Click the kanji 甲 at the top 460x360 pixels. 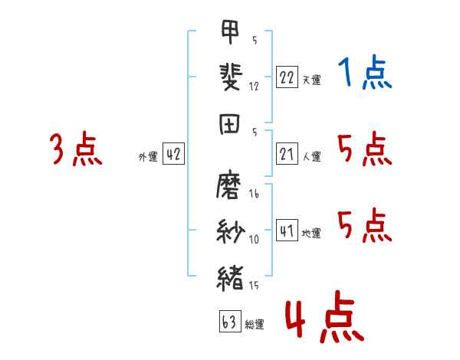(x=230, y=31)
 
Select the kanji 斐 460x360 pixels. (x=231, y=77)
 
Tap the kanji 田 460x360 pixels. (x=229, y=124)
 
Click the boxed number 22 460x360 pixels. (x=287, y=77)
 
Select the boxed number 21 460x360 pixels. (x=287, y=154)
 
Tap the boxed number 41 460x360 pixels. (x=287, y=230)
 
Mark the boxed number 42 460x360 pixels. (x=174, y=154)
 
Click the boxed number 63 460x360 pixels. (x=230, y=321)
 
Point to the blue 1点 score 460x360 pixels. (x=365, y=72)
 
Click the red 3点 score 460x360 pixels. (x=76, y=149)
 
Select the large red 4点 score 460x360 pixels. (x=325, y=316)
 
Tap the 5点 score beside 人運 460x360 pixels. (x=365, y=149)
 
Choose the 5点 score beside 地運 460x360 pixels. (x=365, y=225)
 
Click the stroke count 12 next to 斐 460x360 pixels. (x=254, y=87)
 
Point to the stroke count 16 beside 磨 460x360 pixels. (x=254, y=194)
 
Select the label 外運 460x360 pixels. (x=148, y=157)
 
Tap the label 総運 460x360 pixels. (x=255, y=325)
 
